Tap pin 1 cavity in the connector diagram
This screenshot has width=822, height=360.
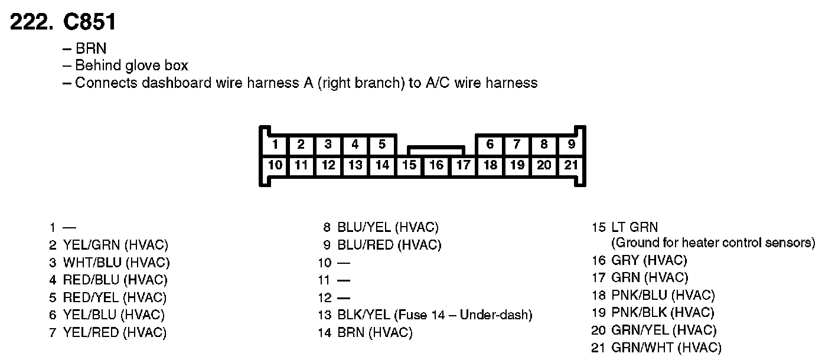coord(275,144)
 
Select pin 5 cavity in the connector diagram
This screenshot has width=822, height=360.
coord(382,144)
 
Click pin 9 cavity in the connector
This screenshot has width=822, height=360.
coord(571,144)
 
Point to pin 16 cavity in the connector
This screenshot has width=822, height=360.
coord(436,165)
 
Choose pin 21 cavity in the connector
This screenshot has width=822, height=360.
coord(571,165)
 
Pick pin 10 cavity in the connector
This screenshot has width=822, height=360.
coord(275,165)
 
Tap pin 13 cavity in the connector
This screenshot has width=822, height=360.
coord(355,165)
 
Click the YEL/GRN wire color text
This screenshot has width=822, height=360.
coord(91,244)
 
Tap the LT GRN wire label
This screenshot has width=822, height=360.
coord(634,227)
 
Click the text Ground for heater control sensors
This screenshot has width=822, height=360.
coord(713,243)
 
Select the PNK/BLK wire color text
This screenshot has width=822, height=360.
coord(639,313)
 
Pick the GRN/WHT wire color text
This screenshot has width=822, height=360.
coord(640,348)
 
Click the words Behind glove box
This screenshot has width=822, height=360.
coord(132,66)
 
